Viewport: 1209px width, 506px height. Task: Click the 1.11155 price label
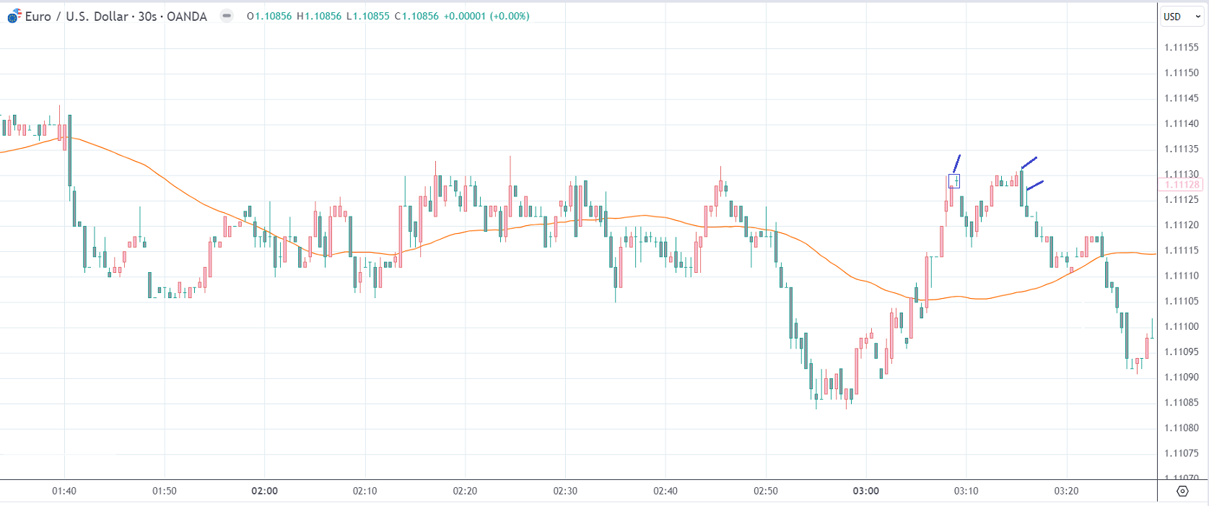(x=1182, y=48)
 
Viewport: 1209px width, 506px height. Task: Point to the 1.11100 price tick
(x=1182, y=326)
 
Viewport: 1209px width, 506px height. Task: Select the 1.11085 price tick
(x=1182, y=403)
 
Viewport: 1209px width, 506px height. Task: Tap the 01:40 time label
(x=64, y=491)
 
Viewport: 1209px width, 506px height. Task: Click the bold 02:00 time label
(x=264, y=491)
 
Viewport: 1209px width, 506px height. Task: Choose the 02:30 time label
(x=565, y=491)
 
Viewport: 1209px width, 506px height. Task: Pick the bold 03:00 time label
(x=865, y=491)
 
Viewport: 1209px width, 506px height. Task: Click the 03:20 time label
(x=1066, y=491)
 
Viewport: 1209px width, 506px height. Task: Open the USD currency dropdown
(x=1182, y=17)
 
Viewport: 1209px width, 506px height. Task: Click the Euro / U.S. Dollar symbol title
(x=115, y=17)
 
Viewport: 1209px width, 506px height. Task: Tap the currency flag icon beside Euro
(x=14, y=16)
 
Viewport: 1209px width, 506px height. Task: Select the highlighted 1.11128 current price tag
(x=1182, y=185)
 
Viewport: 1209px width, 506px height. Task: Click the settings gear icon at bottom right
(x=1182, y=491)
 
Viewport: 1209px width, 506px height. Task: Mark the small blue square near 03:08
(x=954, y=181)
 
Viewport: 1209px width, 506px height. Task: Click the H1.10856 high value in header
(x=319, y=16)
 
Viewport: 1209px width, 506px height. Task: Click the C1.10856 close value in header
(x=416, y=16)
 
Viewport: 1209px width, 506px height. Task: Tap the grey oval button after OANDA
(x=227, y=16)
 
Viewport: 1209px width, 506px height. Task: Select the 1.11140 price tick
(x=1182, y=123)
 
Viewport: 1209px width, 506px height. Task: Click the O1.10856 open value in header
(x=269, y=16)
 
